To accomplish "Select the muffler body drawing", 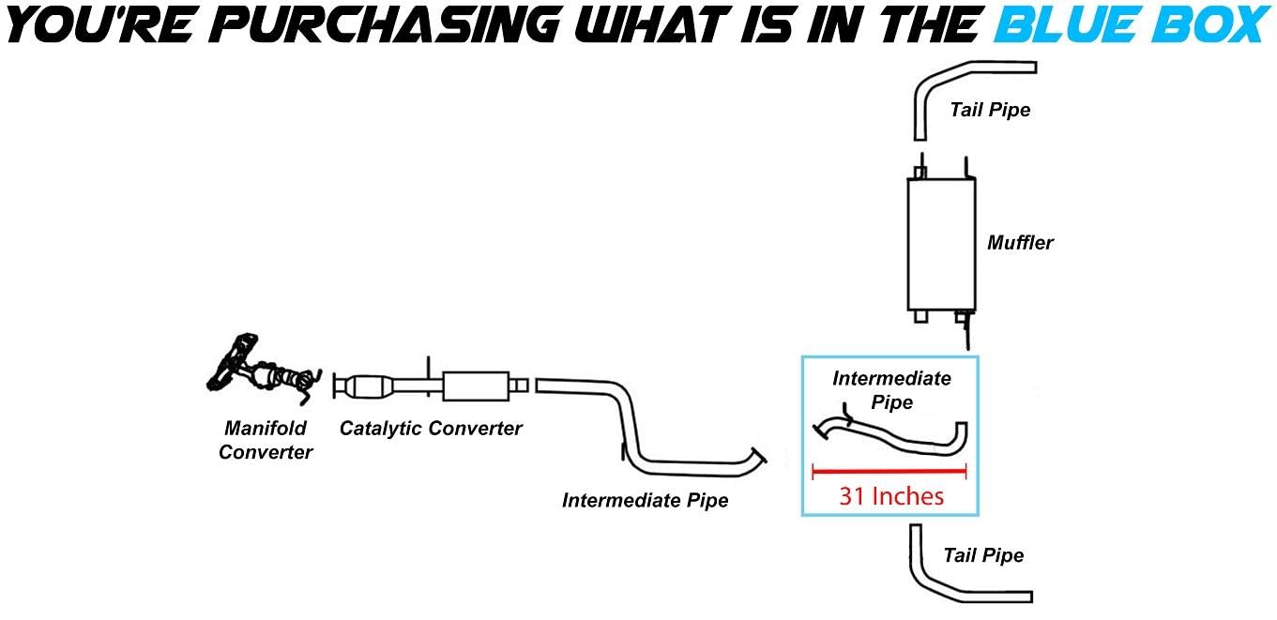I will click(941, 243).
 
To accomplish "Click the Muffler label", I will click(1020, 243).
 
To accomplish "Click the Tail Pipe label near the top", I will click(990, 110).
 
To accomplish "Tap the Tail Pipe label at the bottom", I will click(983, 555).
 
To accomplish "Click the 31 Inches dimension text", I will click(891, 495).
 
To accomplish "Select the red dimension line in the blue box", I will click(889, 470).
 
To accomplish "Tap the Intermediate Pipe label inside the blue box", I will click(891, 390).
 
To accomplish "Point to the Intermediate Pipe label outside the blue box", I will click(645, 500).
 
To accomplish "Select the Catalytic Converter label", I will click(431, 429).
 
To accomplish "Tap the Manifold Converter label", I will click(266, 440).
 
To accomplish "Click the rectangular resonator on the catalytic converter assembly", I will click(474, 386).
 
